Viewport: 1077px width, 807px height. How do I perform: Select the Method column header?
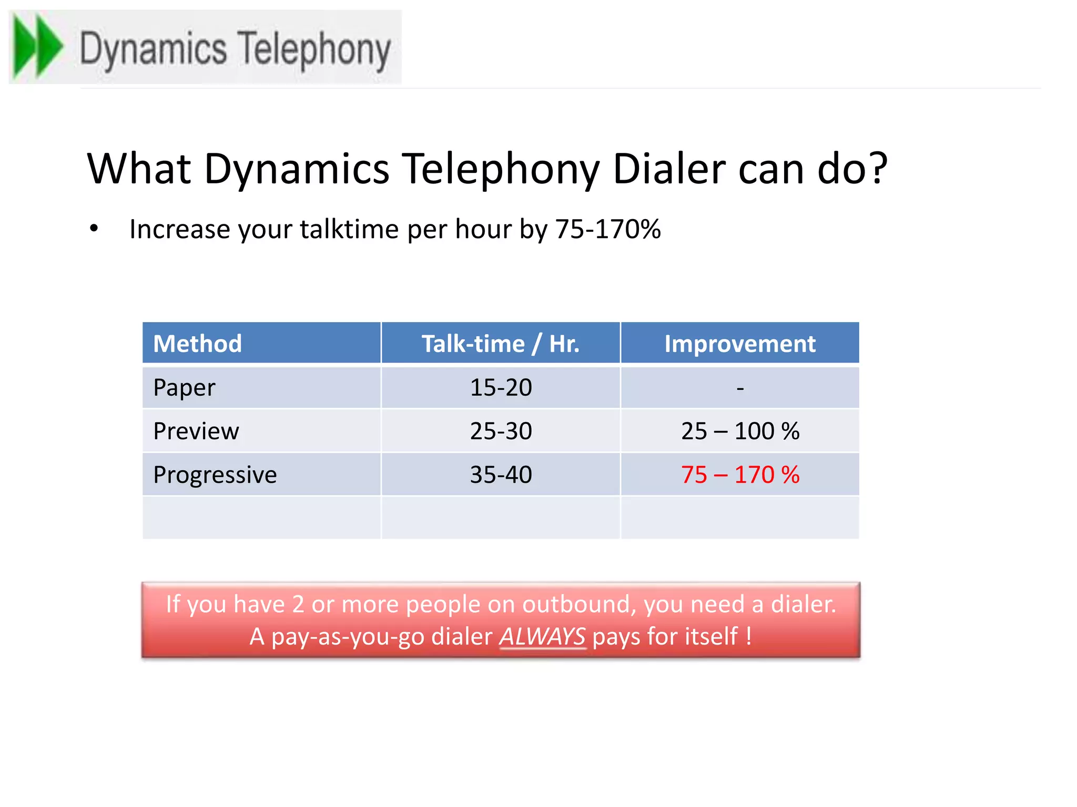click(197, 344)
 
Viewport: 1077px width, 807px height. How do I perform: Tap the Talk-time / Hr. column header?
click(500, 344)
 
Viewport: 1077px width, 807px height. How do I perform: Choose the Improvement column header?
click(739, 344)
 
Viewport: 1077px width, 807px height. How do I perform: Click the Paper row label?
click(184, 388)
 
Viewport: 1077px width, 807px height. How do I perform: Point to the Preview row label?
click(196, 431)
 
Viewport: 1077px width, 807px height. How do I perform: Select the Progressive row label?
click(215, 475)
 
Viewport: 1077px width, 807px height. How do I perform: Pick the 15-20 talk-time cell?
click(501, 388)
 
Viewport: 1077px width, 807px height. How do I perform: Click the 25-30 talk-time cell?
click(501, 431)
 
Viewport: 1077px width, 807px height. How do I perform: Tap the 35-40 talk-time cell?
click(501, 475)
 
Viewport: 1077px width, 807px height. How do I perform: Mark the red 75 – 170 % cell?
click(740, 475)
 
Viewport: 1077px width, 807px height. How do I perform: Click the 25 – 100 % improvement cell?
click(740, 431)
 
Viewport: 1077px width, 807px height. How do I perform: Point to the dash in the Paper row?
click(740, 388)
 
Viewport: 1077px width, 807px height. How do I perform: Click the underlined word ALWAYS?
click(542, 637)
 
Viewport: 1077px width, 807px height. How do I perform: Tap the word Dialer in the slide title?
click(669, 169)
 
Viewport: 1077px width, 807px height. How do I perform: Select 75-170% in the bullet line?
click(608, 229)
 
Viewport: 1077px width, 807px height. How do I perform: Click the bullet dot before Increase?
click(94, 229)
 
